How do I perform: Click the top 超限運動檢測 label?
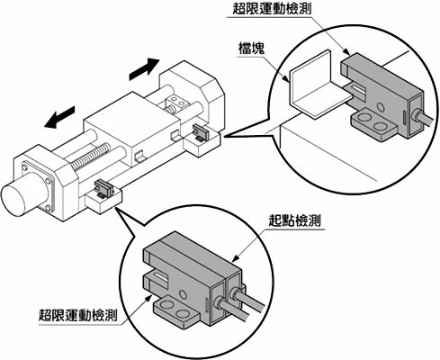(272, 8)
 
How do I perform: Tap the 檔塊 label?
(252, 49)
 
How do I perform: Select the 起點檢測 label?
(294, 221)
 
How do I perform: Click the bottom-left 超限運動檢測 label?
(77, 315)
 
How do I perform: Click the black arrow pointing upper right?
(144, 69)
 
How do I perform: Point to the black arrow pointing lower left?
(59, 117)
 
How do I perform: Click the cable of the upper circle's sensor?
(423, 119)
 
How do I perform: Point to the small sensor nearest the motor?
(103, 188)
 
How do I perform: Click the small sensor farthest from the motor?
(201, 132)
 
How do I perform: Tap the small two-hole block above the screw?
(177, 101)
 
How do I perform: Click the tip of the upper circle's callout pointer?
(224, 137)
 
